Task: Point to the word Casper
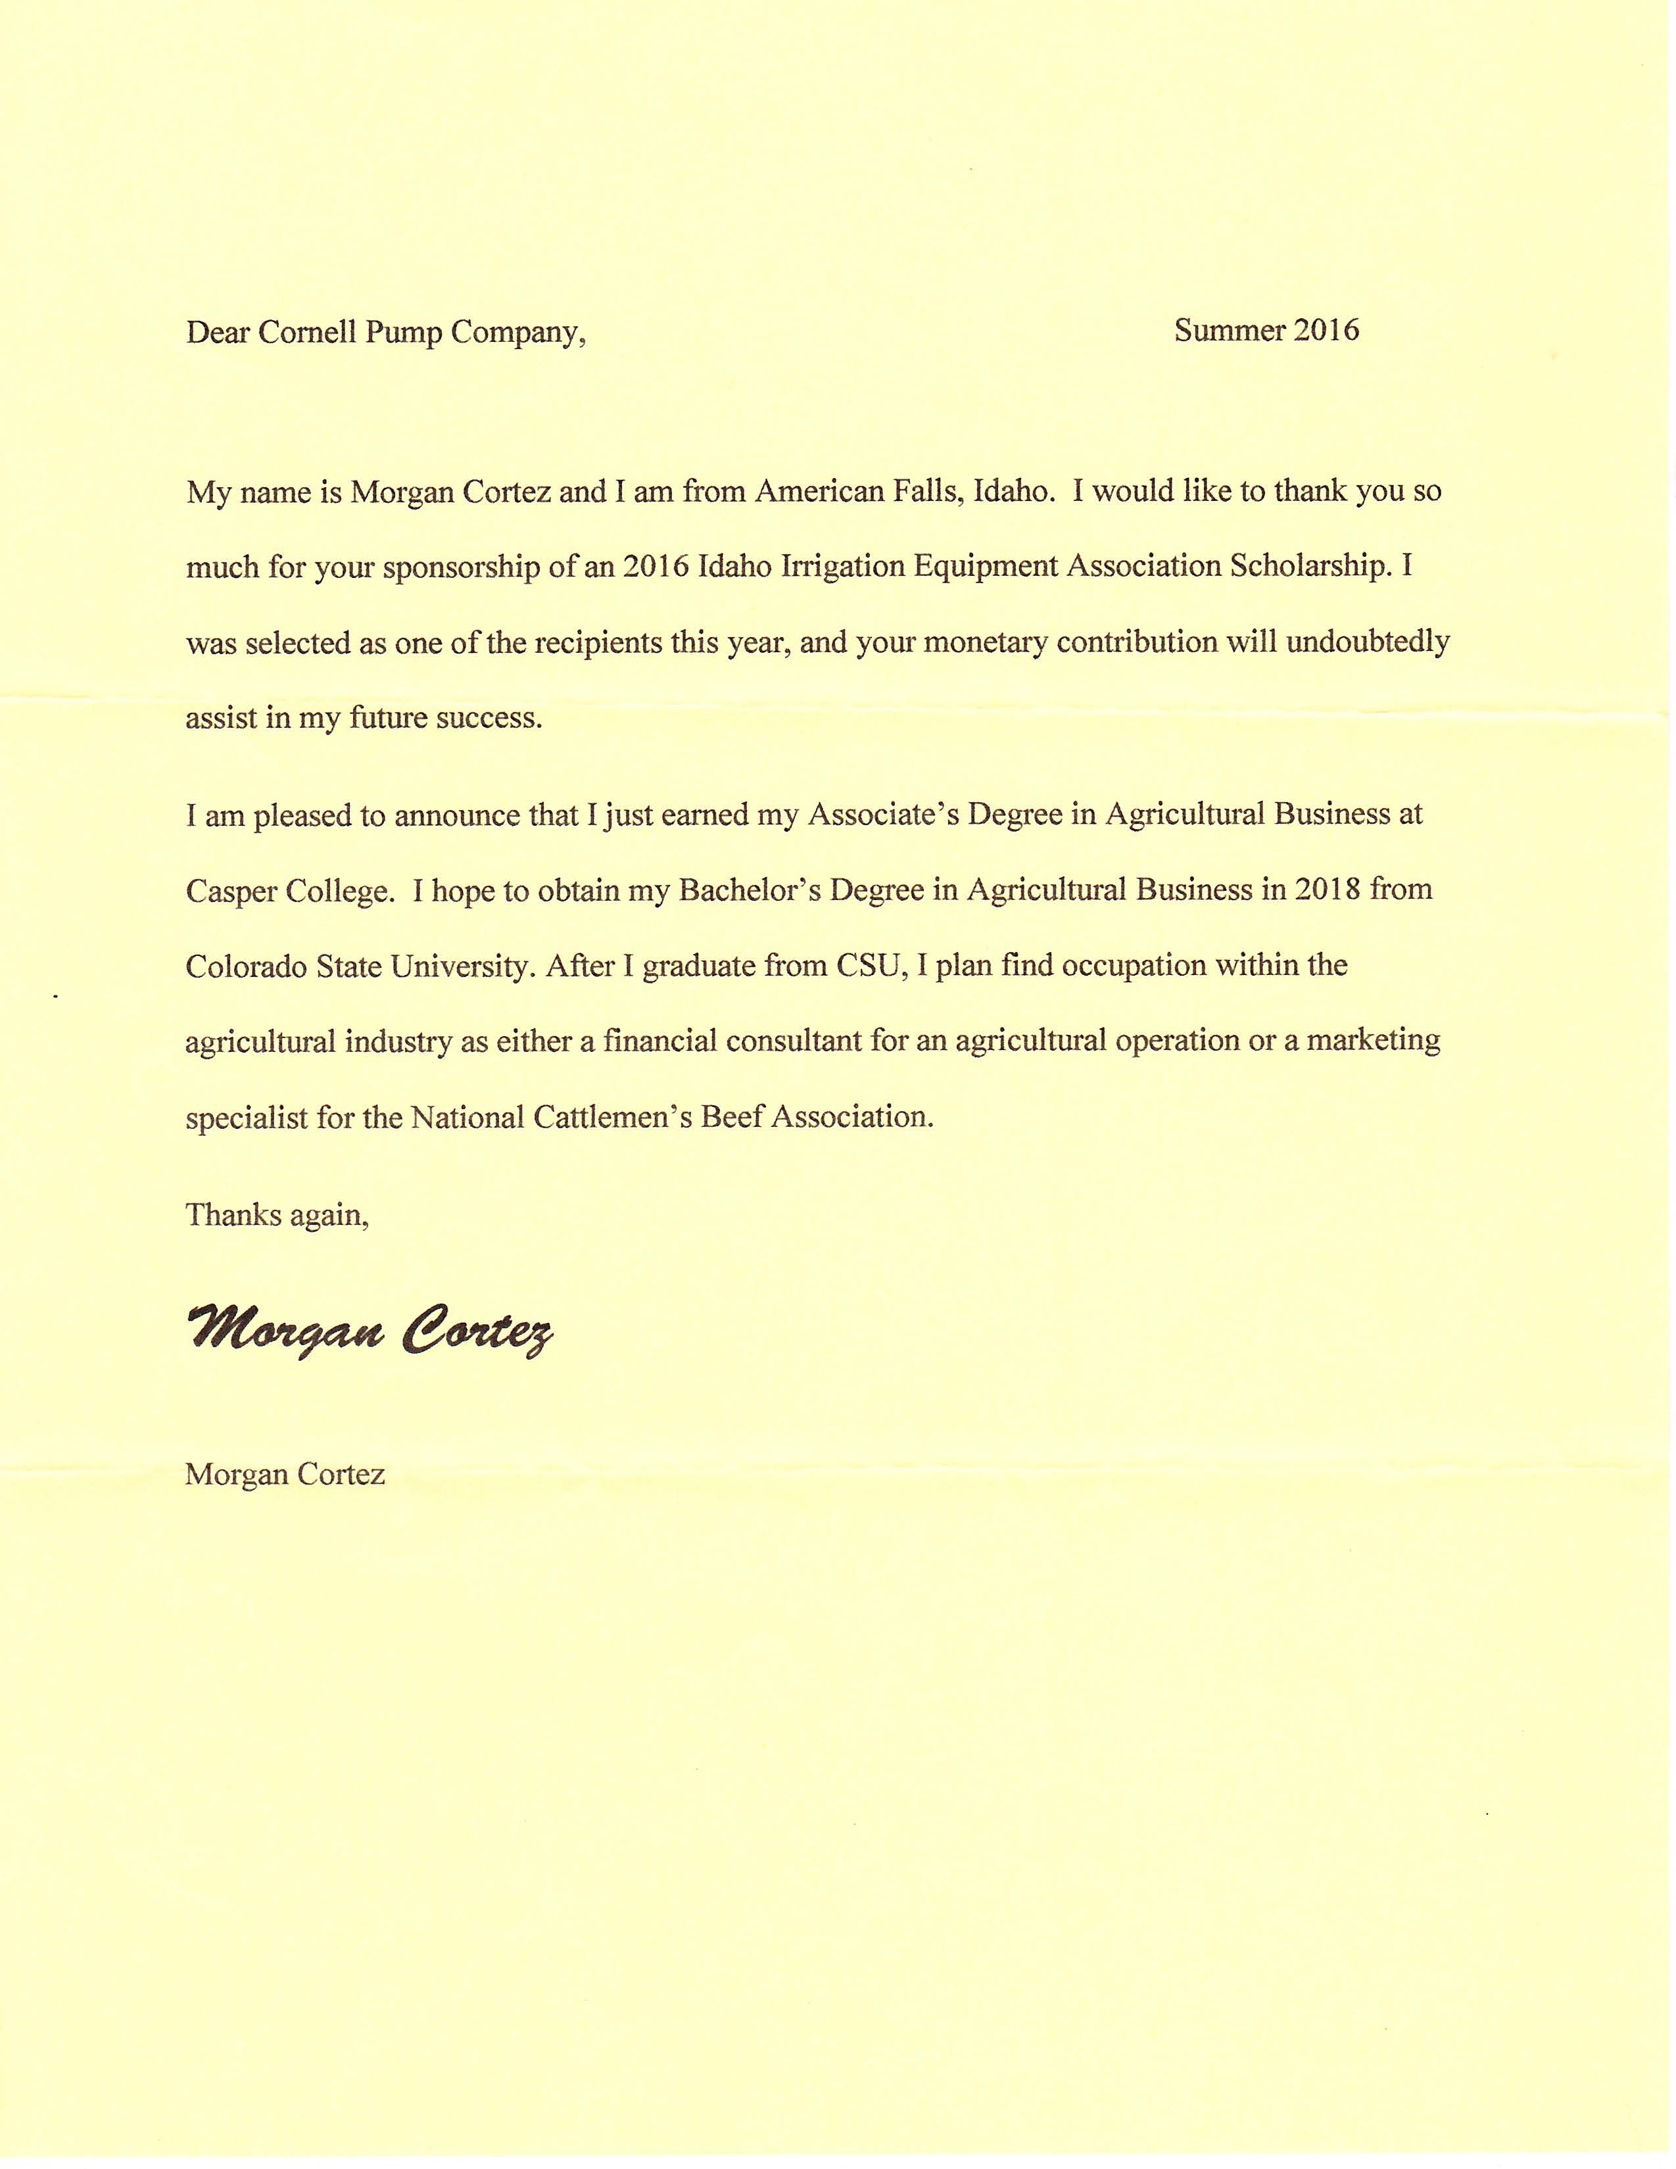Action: (231, 892)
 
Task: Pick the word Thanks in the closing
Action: (231, 1214)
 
